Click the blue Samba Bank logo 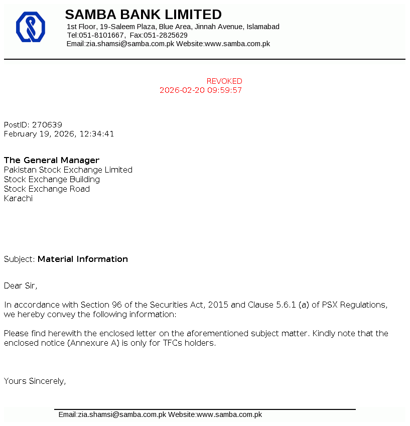31,27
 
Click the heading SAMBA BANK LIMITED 143,15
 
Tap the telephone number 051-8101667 101,35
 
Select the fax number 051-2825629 166,35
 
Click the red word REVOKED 224,81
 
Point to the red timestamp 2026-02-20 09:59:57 201,90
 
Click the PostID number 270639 47,124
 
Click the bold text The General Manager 52,161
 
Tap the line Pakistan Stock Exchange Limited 68,170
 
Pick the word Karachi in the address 18,199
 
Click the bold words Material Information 83,259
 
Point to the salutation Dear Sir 20,286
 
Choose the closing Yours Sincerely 35,381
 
